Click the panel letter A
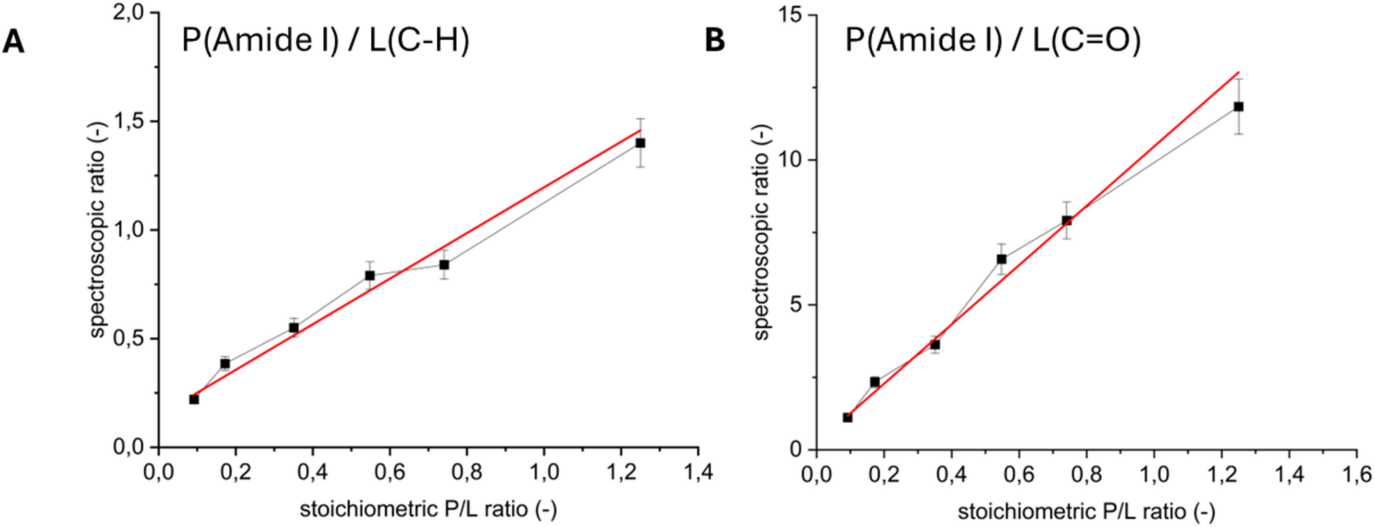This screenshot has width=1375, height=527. click(x=14, y=42)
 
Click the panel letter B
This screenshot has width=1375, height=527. click(x=714, y=40)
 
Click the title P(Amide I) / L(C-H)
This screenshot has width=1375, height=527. click(x=325, y=40)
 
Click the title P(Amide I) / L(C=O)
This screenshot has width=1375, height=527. click(x=993, y=40)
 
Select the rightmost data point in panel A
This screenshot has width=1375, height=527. click(x=640, y=143)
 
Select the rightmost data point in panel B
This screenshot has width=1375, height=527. click(x=1238, y=107)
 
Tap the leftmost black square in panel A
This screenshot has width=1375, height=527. click(x=194, y=399)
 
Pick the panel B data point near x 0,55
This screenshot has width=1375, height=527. click(x=1001, y=259)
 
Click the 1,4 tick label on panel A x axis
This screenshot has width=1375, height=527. click(x=697, y=473)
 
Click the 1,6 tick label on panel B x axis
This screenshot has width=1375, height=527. click(x=1356, y=475)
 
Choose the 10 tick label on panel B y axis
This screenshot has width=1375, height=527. click(x=792, y=160)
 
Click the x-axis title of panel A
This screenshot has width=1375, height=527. click(x=428, y=509)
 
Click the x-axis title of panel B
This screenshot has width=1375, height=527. click(x=1086, y=511)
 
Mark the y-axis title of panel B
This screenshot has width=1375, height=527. click(x=762, y=233)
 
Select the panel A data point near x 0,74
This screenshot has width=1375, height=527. click(x=444, y=264)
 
